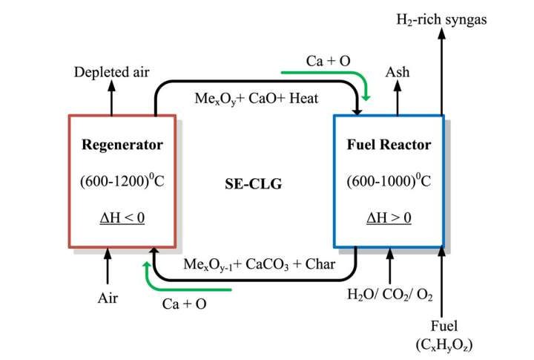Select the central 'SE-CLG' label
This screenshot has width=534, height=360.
(x=253, y=183)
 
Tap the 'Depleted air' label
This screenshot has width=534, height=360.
(x=111, y=72)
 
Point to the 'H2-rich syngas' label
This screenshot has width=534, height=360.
(x=441, y=20)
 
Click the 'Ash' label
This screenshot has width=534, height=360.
(x=397, y=72)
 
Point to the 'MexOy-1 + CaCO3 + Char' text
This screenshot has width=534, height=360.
(x=259, y=264)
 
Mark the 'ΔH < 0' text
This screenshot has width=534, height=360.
(x=122, y=218)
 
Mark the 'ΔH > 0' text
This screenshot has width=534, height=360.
(x=389, y=218)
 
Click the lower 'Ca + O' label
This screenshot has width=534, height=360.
(x=184, y=304)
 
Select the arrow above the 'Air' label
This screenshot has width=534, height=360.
(x=108, y=266)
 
